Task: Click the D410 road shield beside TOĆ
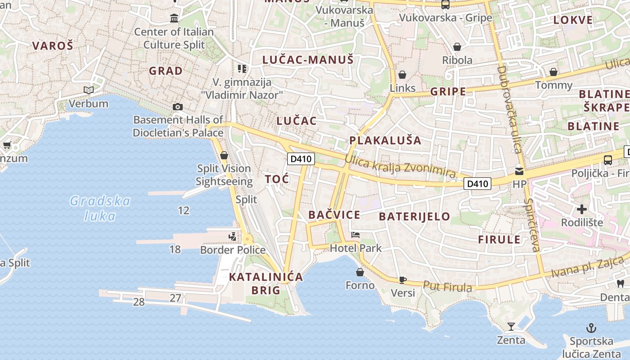301,158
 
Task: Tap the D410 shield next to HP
477,184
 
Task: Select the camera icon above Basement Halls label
178,107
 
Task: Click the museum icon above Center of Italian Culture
174,18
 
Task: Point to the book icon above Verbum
89,90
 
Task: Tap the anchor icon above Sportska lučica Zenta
591,328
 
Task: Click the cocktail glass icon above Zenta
511,326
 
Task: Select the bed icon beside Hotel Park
355,235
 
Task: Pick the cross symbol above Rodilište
582,209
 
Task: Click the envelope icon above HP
519,171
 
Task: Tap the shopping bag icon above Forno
360,272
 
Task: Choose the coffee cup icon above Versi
403,280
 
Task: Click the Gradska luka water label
100,208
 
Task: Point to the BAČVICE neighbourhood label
334,215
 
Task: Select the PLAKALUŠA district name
385,140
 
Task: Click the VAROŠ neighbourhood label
53,45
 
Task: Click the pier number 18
175,249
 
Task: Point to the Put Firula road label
447,287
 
